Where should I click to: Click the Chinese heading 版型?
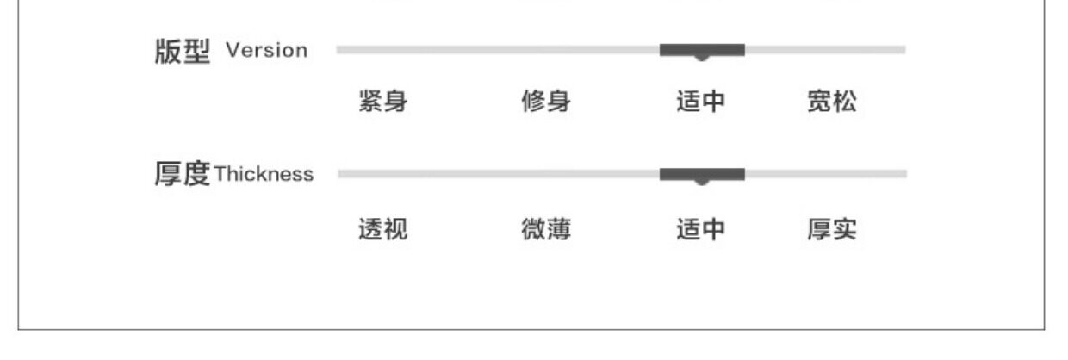click(182, 52)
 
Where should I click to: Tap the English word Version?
click(266, 51)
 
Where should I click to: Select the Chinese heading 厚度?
click(182, 175)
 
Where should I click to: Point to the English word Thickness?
click(264, 175)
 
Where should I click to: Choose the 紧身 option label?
click(382, 102)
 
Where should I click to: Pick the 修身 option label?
click(545, 102)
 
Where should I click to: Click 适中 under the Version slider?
click(700, 102)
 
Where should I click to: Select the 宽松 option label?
click(831, 102)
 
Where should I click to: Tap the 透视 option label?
click(382, 230)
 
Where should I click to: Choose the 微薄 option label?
click(545, 230)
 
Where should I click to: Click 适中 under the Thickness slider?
click(700, 230)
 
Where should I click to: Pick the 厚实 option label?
click(831, 230)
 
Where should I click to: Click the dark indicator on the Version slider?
click(702, 49)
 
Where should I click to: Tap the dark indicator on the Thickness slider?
click(702, 173)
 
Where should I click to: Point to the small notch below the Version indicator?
click(702, 58)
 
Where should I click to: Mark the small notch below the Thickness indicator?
click(702, 182)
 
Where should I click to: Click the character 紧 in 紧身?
click(370, 102)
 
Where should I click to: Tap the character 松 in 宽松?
click(844, 102)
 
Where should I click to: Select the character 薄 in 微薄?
click(558, 230)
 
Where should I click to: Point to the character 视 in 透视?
click(395, 230)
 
